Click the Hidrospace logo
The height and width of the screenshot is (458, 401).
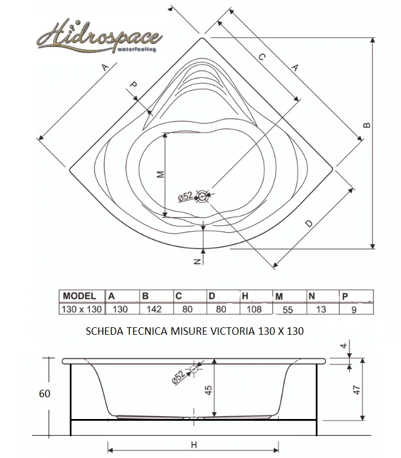coord(100,37)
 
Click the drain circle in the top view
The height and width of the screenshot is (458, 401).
coord(203,196)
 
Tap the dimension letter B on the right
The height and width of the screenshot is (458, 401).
coord(367,126)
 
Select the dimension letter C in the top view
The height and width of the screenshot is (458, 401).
coord(262,57)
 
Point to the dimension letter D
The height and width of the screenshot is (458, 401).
coord(309,224)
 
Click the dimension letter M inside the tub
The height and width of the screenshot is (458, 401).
coord(160,174)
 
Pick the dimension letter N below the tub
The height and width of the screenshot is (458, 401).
coord(197,261)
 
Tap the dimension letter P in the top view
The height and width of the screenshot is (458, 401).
coord(133,85)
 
